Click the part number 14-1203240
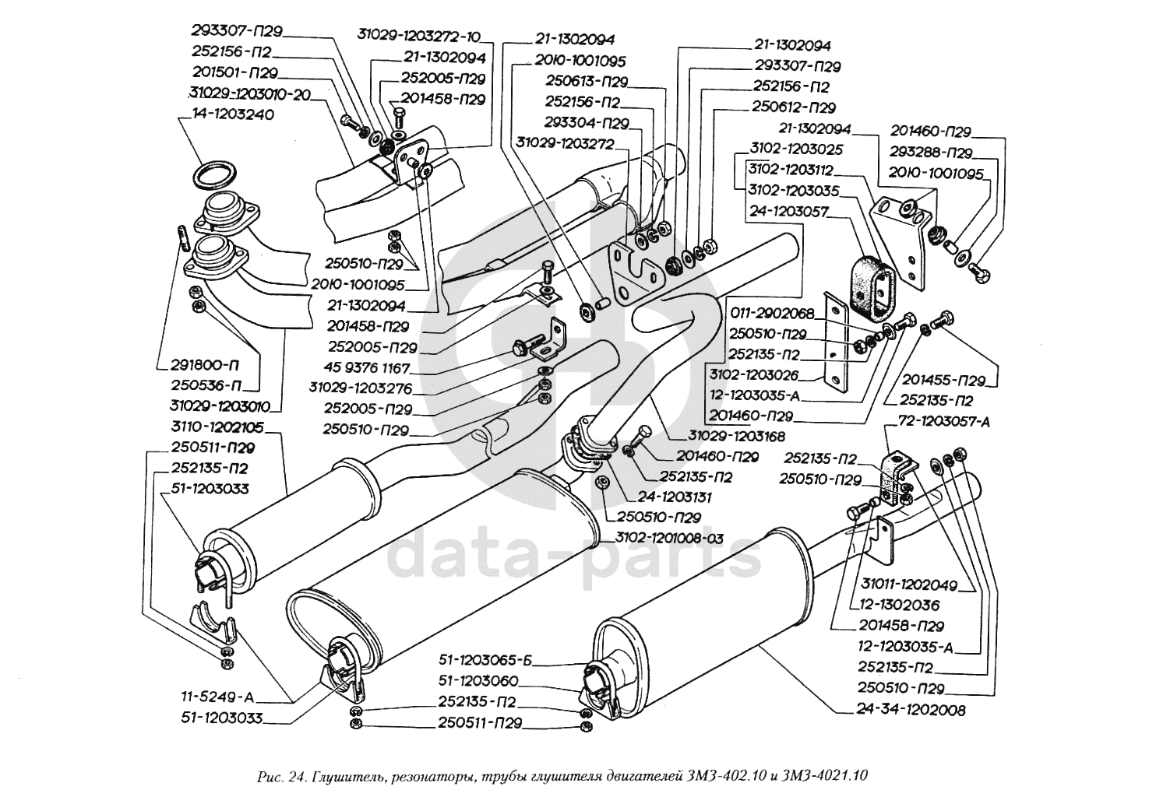(x=227, y=114)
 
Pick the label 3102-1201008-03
(x=670, y=537)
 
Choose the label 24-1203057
(x=787, y=210)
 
